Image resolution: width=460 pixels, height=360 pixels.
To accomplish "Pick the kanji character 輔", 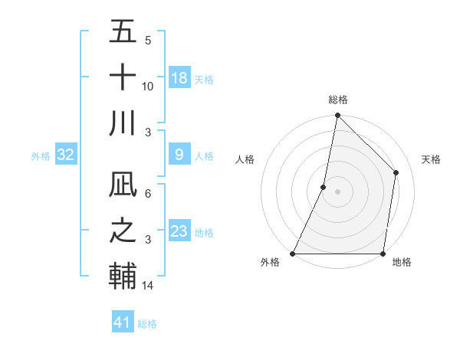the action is point(123,276).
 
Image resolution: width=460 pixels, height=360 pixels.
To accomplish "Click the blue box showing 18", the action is point(179,78).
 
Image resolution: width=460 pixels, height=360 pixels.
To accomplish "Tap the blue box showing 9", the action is point(179,155).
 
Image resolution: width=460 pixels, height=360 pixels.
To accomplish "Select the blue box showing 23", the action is point(179,231).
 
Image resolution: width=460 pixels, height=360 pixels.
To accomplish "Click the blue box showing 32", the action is point(66,155).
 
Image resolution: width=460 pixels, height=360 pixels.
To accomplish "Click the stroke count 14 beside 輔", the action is point(148,286).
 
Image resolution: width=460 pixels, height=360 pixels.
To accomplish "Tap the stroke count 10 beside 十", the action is point(148,87).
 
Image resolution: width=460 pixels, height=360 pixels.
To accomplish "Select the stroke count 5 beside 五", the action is point(148,41).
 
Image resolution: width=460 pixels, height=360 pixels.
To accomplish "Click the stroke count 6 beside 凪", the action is point(148,194).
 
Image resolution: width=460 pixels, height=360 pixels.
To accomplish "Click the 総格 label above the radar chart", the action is point(337,100).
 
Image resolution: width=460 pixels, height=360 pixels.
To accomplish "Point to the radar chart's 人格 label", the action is point(245,159).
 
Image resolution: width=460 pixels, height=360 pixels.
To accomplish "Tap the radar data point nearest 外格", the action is point(293,254).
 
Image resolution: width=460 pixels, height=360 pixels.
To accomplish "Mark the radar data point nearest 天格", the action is point(396,172).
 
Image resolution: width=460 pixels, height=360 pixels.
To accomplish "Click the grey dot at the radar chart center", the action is point(337,191).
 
